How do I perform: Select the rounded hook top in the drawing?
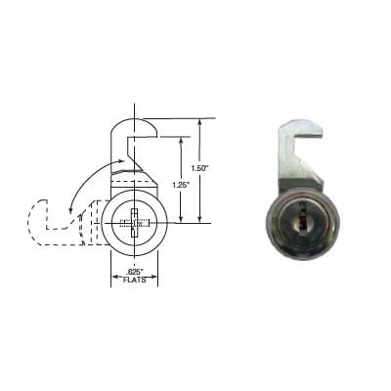pyautogui.click(x=134, y=128)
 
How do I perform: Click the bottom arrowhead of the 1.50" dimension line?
pyautogui.click(x=200, y=221)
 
